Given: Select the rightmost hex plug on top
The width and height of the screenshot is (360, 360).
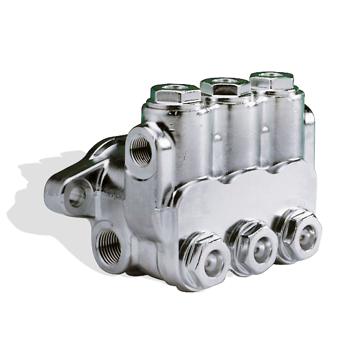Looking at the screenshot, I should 271,80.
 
